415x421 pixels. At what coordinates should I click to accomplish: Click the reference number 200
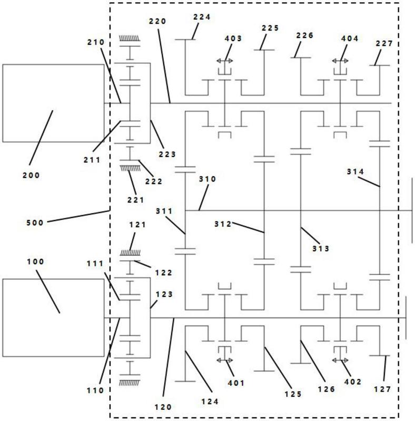31,175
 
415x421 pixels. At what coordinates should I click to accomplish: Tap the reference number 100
35,262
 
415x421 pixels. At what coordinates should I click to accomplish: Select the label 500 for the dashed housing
35,223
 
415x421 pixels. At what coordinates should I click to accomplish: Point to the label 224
202,17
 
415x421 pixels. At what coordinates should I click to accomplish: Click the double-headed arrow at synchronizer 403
225,61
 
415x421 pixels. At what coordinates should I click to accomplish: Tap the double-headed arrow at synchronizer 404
340,61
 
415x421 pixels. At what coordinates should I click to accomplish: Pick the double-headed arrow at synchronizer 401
225,360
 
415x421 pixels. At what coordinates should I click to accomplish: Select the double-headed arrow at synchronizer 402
340,360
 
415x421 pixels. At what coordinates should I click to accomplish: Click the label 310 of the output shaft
207,179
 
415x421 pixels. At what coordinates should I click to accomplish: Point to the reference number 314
355,172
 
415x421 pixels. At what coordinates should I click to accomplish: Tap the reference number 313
321,248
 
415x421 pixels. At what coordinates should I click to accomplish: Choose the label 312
223,224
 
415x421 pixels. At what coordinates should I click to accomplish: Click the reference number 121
137,225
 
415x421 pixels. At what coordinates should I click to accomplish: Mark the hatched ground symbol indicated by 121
130,253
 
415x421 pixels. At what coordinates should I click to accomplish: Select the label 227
384,43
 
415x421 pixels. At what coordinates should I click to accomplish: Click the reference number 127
383,389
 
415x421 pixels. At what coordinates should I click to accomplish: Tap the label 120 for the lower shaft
163,407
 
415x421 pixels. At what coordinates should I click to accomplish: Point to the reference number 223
167,154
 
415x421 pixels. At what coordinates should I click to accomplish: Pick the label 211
92,160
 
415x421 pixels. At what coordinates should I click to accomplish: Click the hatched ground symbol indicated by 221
130,168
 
